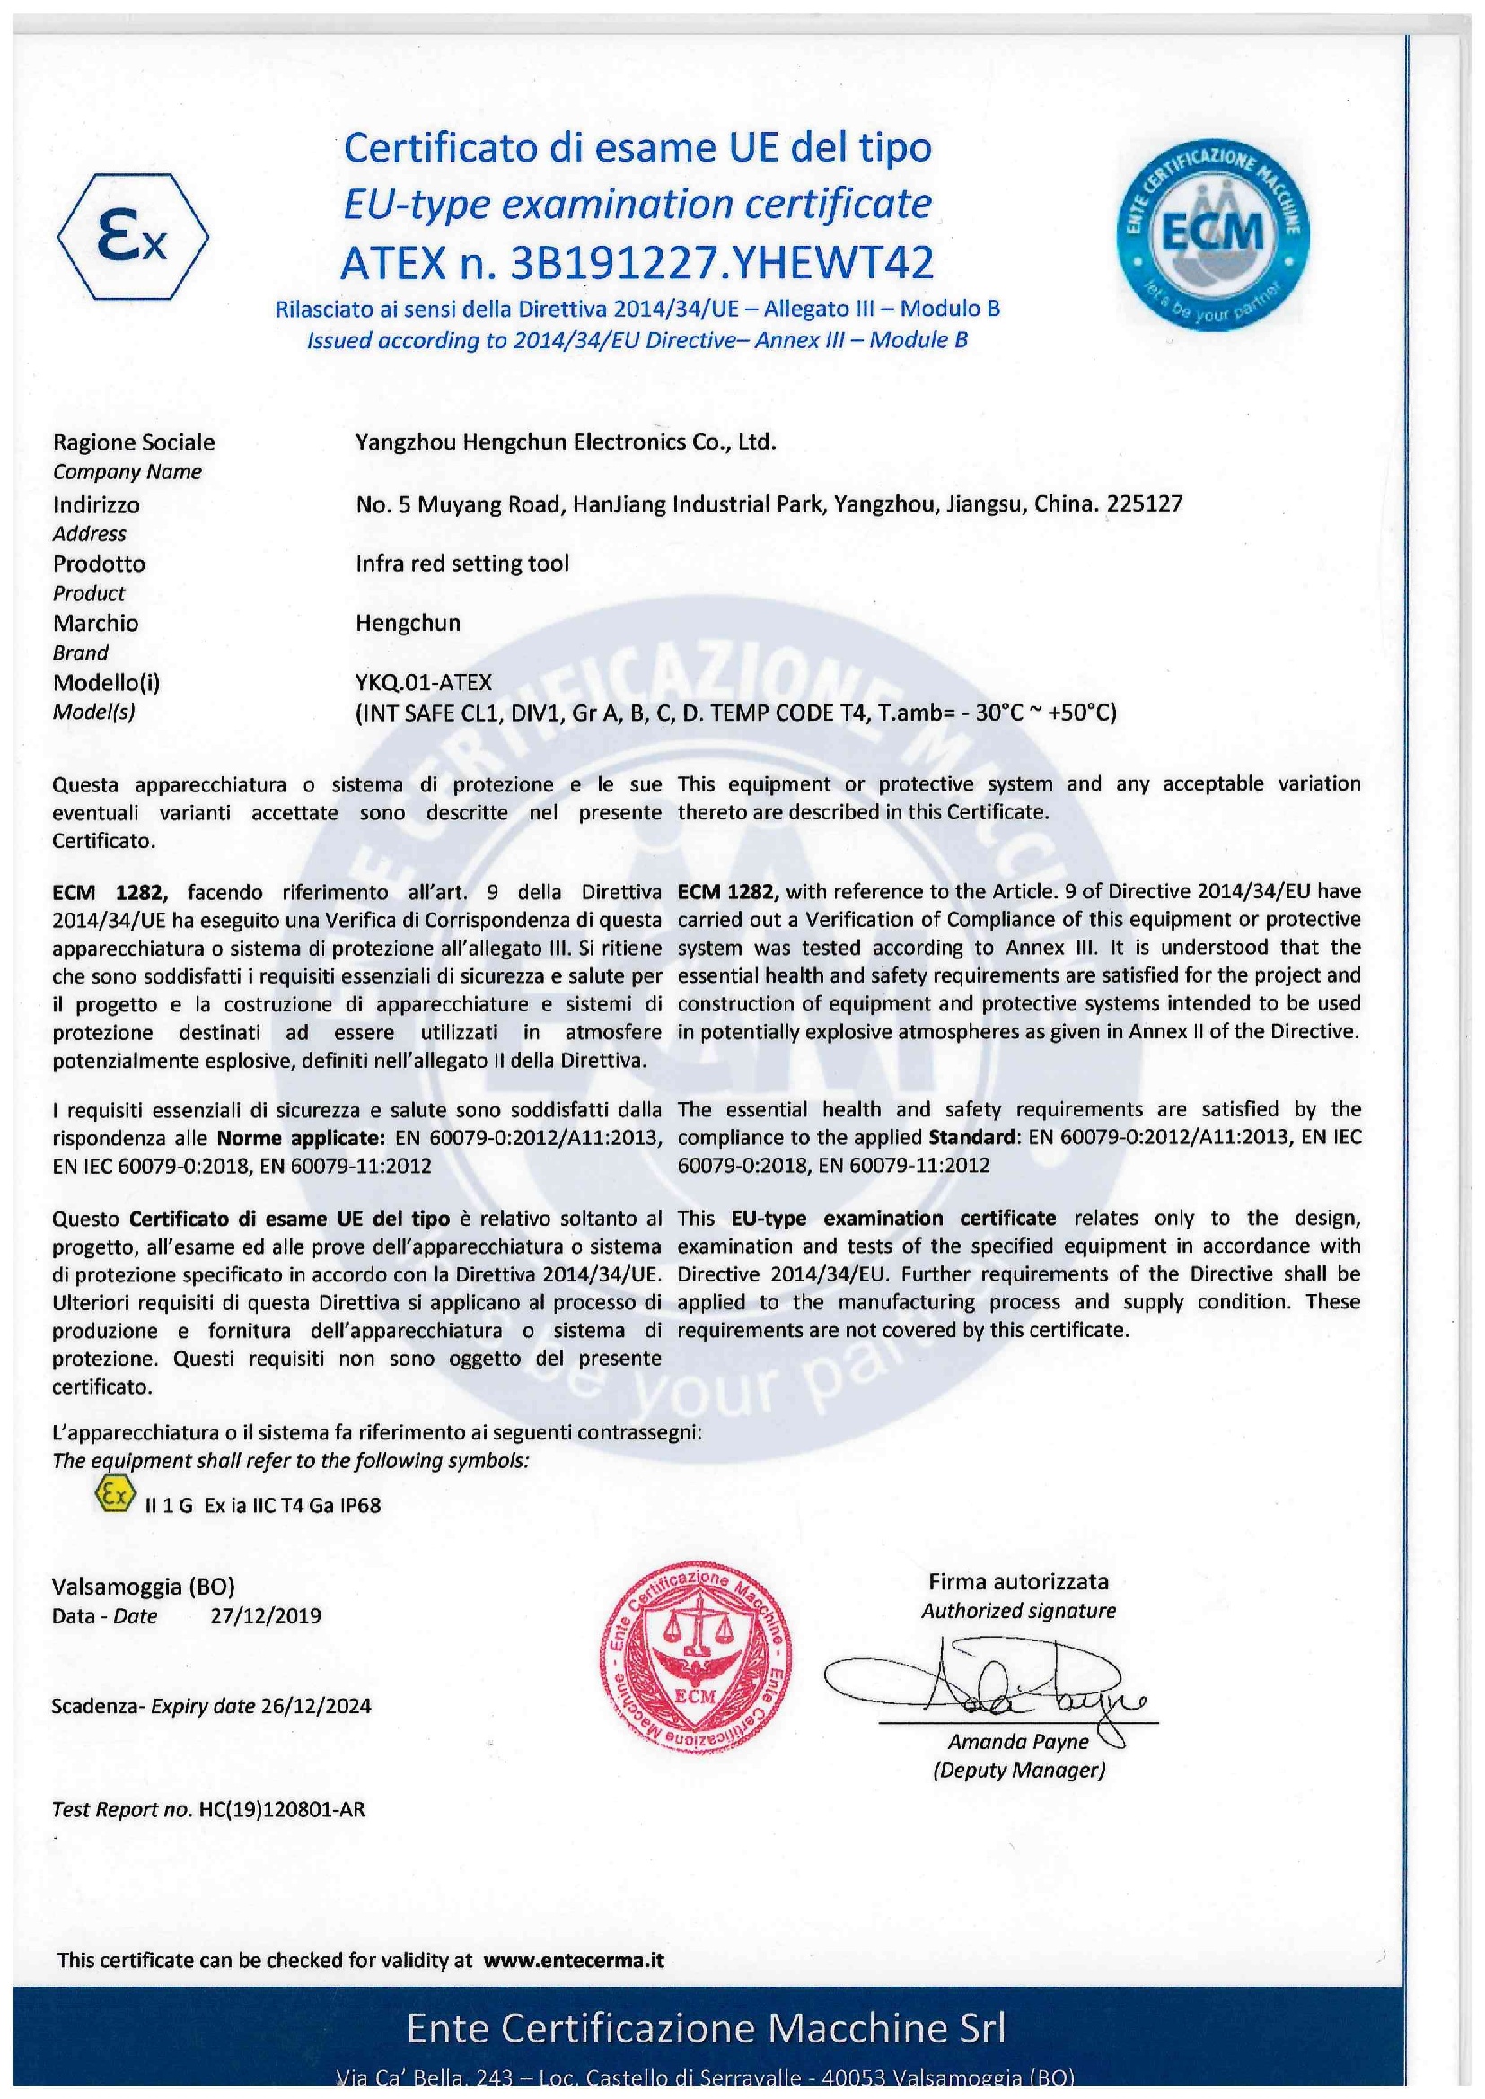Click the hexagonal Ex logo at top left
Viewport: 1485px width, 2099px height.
pos(134,237)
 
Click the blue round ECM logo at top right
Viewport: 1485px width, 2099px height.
pos(1211,235)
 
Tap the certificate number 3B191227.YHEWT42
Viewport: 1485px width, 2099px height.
pos(724,263)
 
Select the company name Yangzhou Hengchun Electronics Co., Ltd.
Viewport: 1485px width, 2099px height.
pos(565,442)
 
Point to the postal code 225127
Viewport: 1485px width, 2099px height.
pos(1144,503)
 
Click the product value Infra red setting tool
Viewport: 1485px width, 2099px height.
pos(461,564)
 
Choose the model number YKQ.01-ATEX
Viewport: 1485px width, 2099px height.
pos(424,682)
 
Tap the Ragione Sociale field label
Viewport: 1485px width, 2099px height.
pos(134,442)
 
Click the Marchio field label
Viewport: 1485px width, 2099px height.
pos(95,623)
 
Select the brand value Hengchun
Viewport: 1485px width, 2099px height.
pos(408,623)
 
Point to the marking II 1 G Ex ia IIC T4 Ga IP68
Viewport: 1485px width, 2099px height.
pos(262,1505)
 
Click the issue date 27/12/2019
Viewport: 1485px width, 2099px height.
pos(265,1615)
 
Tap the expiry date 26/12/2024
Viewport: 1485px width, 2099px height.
pos(315,1705)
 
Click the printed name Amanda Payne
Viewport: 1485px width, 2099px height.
pos(1018,1742)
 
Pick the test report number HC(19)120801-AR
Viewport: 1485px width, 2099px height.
pos(281,1809)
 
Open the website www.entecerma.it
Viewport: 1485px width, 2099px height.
pos(574,1959)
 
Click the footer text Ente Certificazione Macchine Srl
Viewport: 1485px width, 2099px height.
pos(705,2029)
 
